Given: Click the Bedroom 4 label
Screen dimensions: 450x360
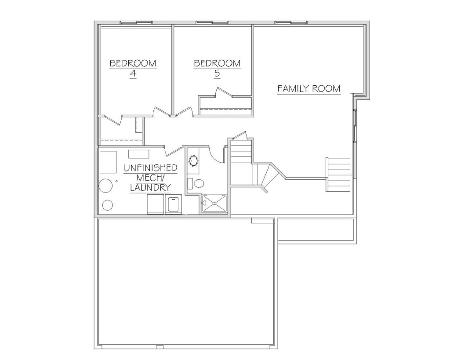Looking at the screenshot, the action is [x=133, y=68].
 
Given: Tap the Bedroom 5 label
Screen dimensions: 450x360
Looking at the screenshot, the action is [x=217, y=68].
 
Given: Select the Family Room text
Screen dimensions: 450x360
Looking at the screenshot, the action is [x=309, y=88].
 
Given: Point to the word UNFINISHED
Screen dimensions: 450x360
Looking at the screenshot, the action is [x=150, y=168].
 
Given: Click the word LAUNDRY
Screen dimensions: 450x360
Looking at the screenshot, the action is [x=150, y=188].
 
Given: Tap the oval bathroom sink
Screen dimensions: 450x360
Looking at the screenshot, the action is [x=193, y=161].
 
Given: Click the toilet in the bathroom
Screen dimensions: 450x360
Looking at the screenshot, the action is [x=196, y=183].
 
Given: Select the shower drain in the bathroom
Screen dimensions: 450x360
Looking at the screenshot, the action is [x=214, y=203].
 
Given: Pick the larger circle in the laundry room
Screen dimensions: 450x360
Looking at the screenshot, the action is [x=105, y=186].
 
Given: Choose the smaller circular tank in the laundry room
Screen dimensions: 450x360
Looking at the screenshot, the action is [x=108, y=205].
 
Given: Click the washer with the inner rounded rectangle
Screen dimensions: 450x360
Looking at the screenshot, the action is [x=174, y=204].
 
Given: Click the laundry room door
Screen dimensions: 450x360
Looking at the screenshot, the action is [x=173, y=151].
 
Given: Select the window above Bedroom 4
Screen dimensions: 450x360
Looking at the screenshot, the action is [x=136, y=22].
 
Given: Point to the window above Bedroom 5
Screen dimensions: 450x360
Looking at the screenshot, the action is [x=212, y=22].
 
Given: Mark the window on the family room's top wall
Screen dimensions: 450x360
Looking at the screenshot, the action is [x=291, y=22].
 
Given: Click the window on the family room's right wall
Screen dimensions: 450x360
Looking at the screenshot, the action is [x=355, y=125].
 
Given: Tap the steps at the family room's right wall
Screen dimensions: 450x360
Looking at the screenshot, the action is [x=338, y=175].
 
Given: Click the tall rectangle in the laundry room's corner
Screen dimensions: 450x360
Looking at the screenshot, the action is [x=108, y=162].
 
